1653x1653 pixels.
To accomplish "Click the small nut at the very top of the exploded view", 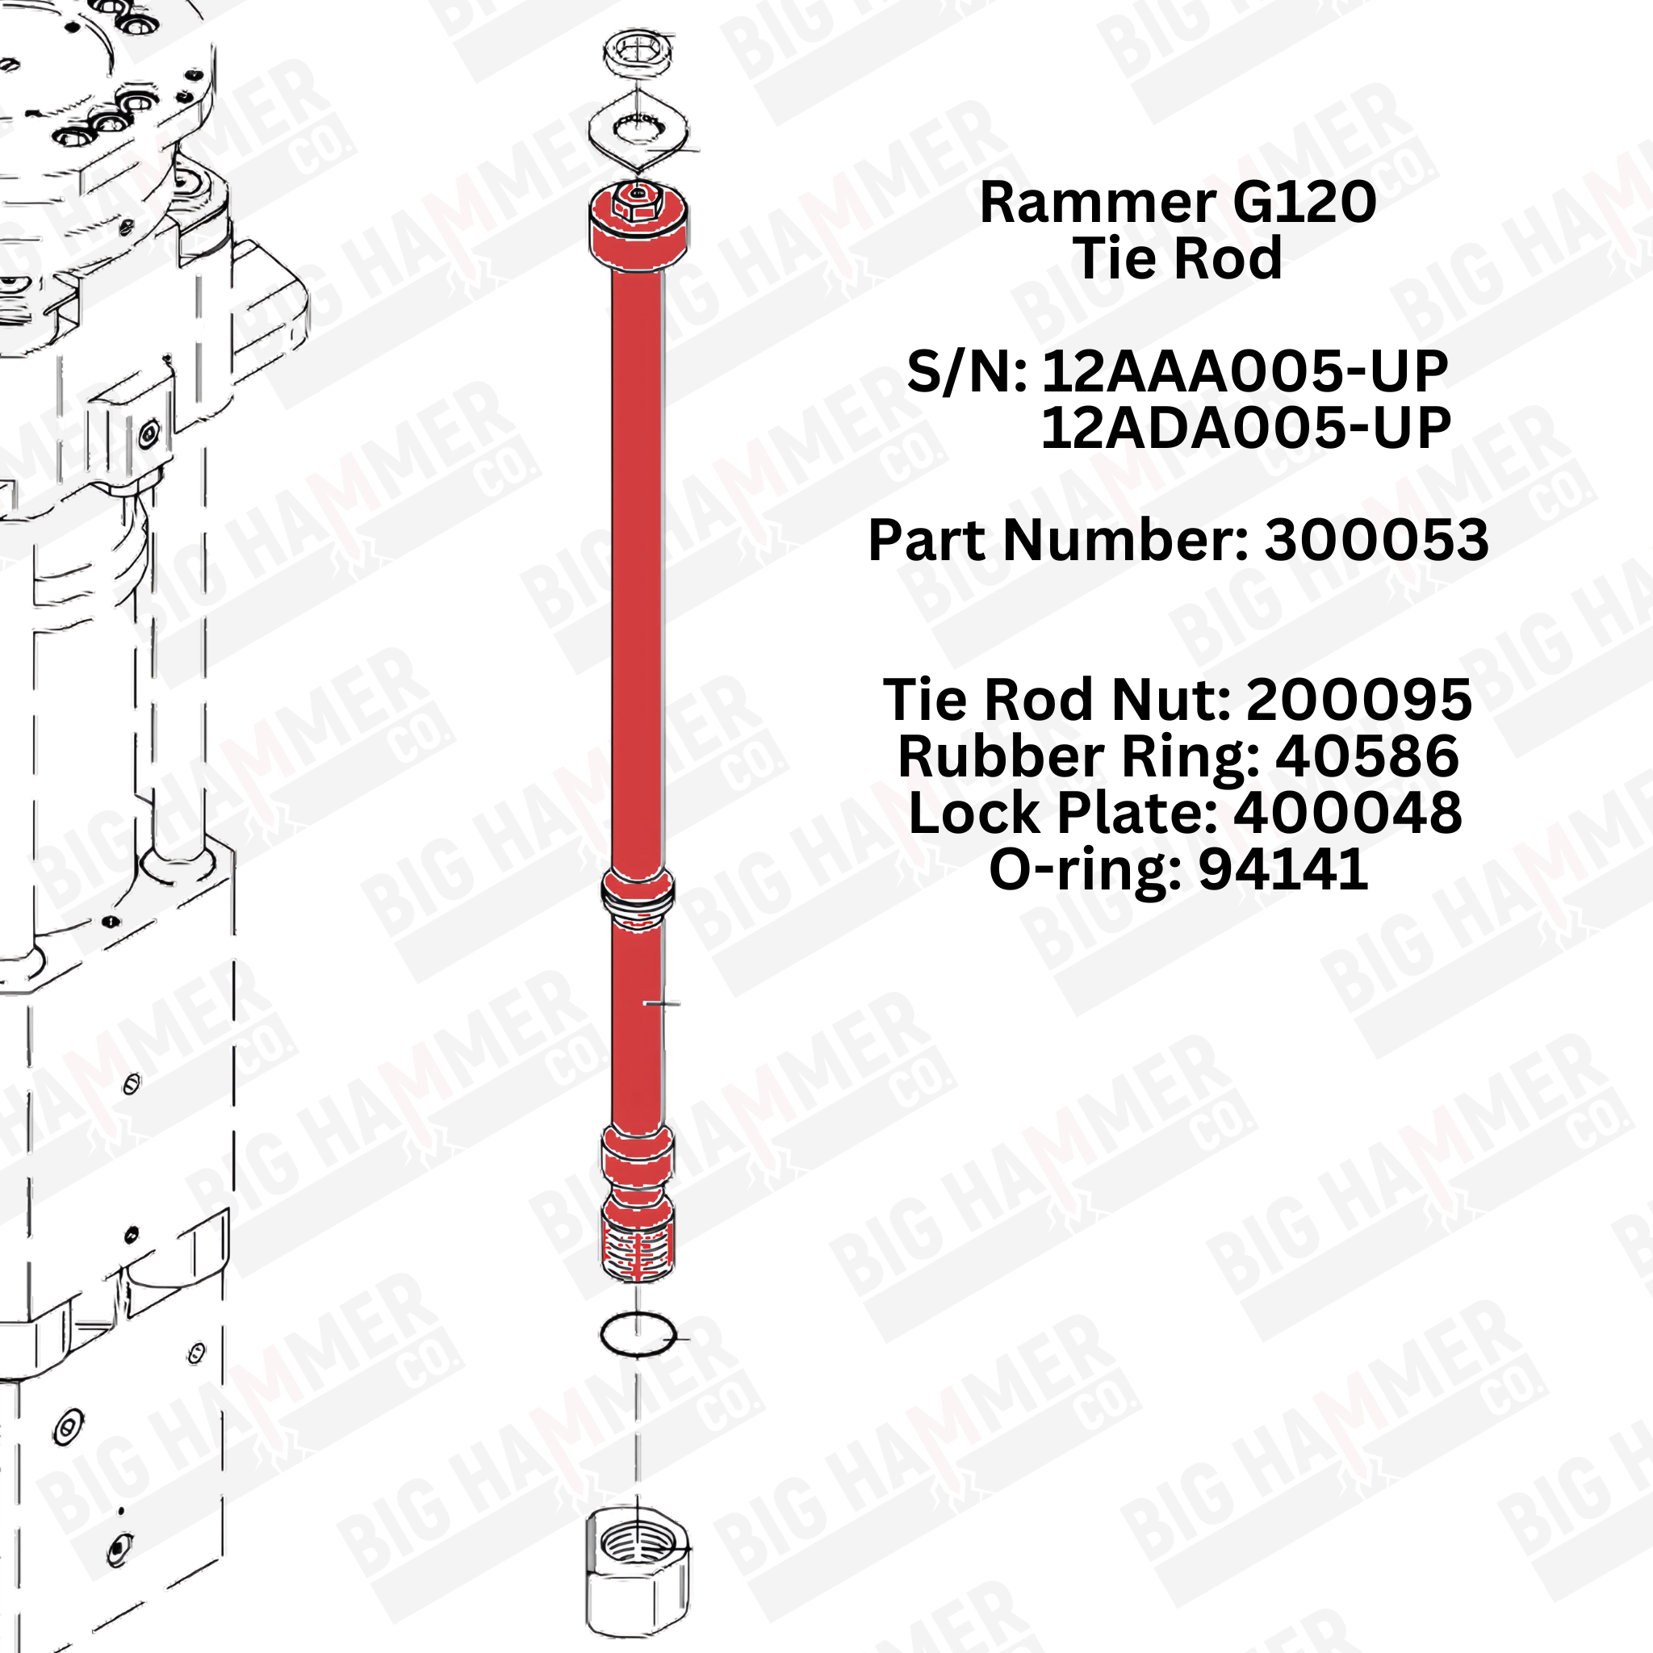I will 638,53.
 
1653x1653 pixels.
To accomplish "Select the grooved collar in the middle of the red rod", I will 638,894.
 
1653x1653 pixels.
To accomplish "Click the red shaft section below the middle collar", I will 638,1027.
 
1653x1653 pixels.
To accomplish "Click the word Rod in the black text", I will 1232,257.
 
